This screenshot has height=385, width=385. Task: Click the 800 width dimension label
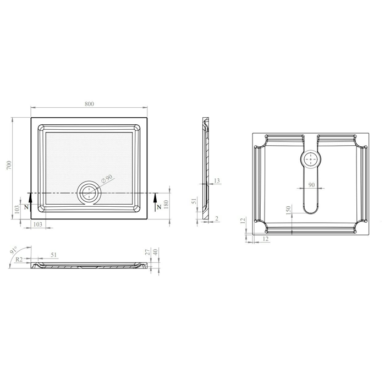[89, 104]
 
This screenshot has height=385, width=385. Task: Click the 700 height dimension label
[9, 165]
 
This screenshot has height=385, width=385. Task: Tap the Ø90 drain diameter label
[107, 179]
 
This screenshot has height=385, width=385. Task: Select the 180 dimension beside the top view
[166, 205]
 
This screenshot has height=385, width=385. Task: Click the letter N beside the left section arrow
[26, 207]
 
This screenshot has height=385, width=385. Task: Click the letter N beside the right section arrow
[159, 207]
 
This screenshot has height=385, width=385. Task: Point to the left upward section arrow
[30, 202]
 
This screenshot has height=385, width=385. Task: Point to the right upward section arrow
[155, 202]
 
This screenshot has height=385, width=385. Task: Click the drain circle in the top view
[89, 183]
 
